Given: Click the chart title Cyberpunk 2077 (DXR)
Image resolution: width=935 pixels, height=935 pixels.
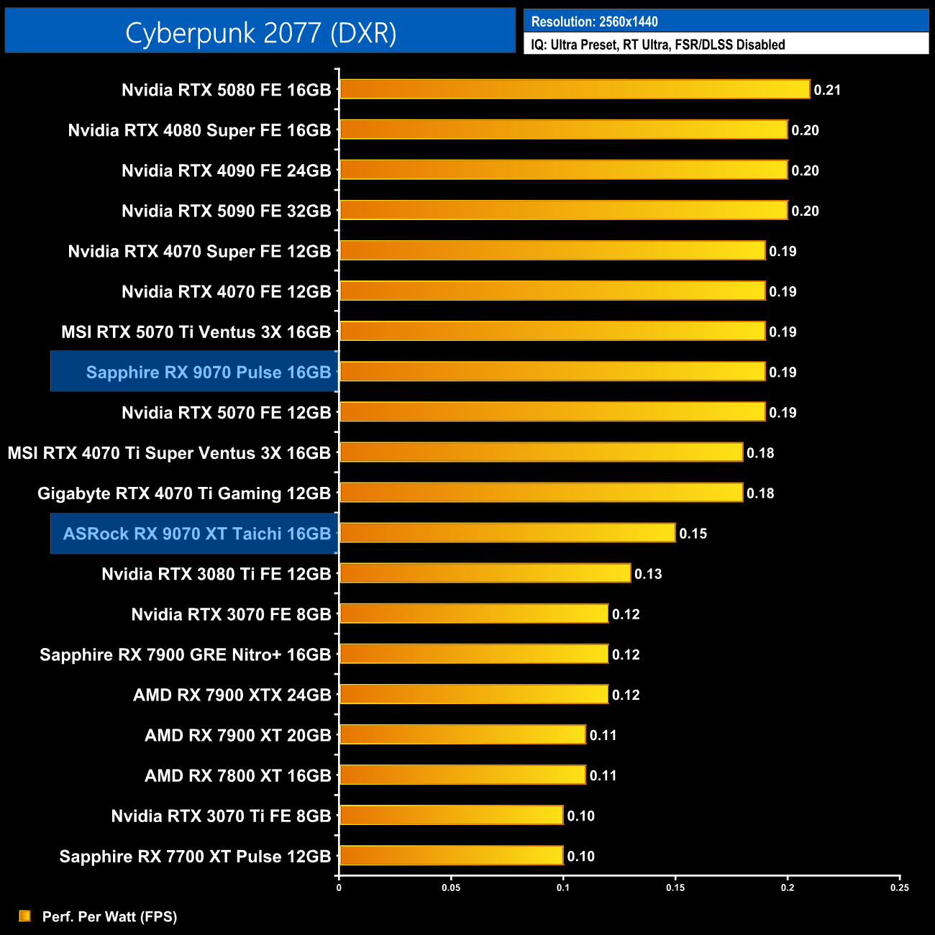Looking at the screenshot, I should [x=260, y=32].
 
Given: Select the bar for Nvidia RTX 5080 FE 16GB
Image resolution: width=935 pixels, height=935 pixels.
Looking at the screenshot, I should [x=575, y=89].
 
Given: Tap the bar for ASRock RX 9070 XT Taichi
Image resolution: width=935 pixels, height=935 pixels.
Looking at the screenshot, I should [x=507, y=533].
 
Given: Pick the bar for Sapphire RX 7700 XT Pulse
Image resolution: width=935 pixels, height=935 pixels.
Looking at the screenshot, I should [x=451, y=855].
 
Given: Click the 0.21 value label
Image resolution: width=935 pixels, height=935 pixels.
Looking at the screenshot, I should [x=827, y=90].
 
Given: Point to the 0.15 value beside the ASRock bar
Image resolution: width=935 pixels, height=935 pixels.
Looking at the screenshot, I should [x=693, y=534].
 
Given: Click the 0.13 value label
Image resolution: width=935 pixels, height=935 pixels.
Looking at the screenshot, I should [x=648, y=574].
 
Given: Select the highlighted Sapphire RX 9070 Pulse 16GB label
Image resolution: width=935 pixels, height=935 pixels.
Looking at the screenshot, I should [x=209, y=372].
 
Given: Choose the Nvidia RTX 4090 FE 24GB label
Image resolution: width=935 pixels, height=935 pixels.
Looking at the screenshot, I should [x=226, y=170].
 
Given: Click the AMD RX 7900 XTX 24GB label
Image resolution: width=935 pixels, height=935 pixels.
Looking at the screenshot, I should [x=232, y=695].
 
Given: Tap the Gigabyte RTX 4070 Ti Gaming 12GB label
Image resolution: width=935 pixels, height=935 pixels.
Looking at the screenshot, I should [x=184, y=493].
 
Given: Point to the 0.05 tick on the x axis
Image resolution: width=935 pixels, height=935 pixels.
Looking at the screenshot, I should [x=451, y=888].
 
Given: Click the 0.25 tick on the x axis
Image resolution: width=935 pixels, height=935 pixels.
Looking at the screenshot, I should [x=899, y=888].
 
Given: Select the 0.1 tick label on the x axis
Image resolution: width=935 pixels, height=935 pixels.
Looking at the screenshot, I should [x=563, y=888].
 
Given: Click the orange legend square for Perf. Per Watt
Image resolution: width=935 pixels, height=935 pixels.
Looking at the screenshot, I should [x=24, y=916].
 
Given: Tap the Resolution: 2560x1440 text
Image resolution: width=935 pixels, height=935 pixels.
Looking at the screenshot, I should [x=594, y=22].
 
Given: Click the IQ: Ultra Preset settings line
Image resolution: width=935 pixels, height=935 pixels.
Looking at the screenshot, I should [x=657, y=45].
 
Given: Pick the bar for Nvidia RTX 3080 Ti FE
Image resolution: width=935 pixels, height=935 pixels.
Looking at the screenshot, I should [x=485, y=573].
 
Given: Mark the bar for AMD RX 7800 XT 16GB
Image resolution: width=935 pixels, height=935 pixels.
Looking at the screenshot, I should [x=462, y=775].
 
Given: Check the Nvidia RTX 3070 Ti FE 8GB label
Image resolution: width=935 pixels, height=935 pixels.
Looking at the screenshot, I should [x=221, y=816].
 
